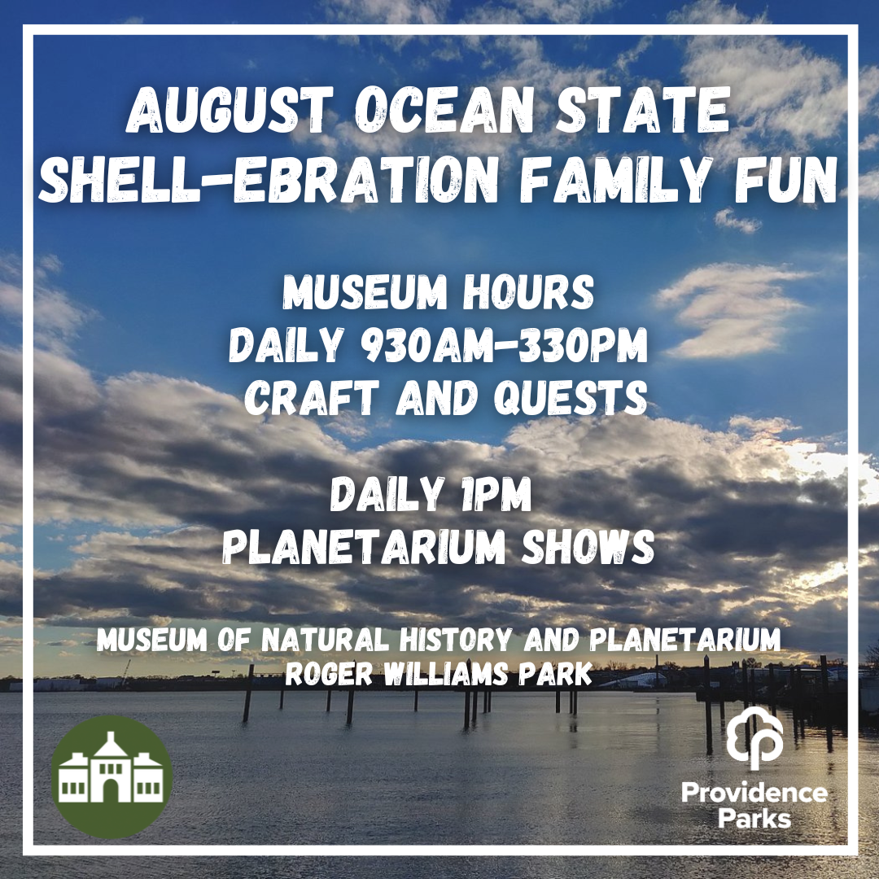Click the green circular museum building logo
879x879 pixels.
(x=112, y=778)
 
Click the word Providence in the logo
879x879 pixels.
(x=754, y=793)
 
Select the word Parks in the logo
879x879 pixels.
(x=754, y=817)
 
